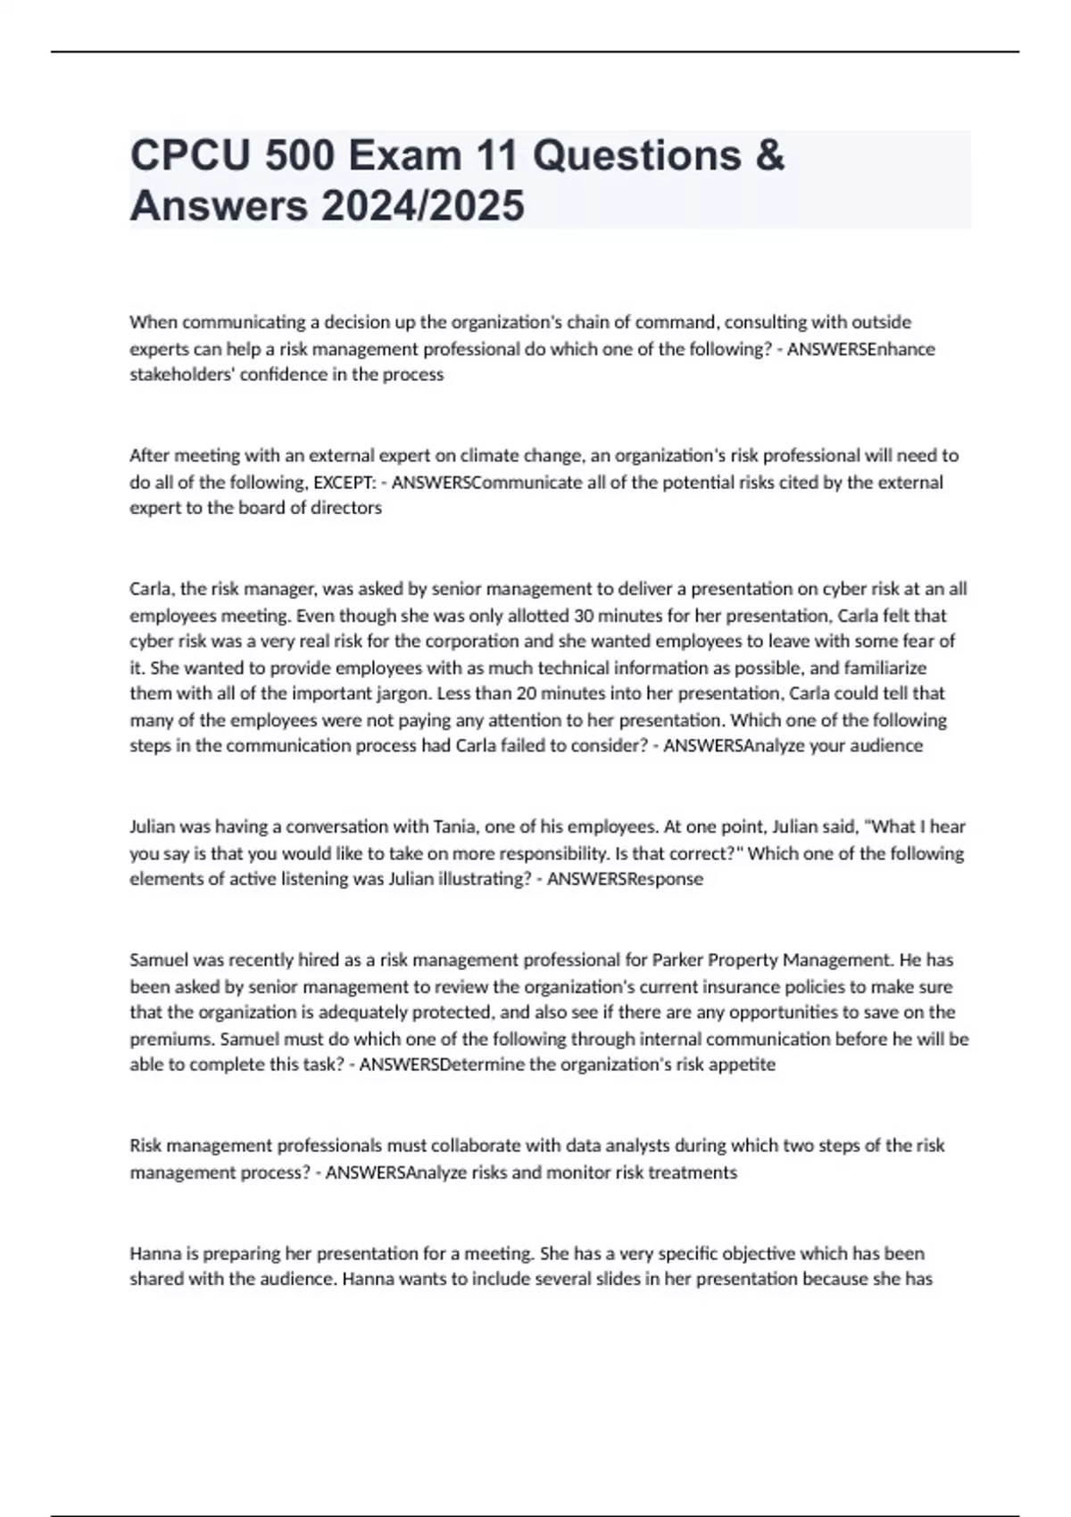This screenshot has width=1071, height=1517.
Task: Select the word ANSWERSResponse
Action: [625, 879]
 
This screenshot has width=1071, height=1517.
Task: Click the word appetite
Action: [744, 1065]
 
